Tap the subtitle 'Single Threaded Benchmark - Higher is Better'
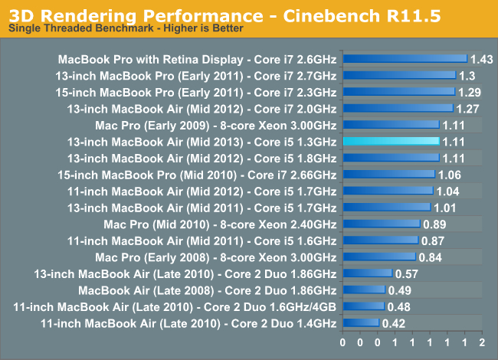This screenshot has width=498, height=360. pyautogui.click(x=126, y=28)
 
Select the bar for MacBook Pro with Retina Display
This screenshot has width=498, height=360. pyautogui.click(x=405, y=58)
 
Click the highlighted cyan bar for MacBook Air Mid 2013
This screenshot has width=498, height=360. pyautogui.click(x=391, y=141)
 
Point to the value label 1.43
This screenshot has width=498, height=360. pyautogui.click(x=482, y=58)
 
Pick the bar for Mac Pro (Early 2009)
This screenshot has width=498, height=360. pyautogui.click(x=391, y=124)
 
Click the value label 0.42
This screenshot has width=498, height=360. pyautogui.click(x=395, y=323)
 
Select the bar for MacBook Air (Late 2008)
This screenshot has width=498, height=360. pyautogui.click(x=364, y=290)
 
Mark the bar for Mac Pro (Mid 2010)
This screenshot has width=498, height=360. pyautogui.click(x=382, y=224)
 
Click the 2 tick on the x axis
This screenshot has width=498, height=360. pyautogui.click(x=481, y=342)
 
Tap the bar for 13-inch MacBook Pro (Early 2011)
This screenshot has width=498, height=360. pyautogui.click(x=399, y=75)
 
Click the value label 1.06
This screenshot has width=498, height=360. pyautogui.click(x=450, y=174)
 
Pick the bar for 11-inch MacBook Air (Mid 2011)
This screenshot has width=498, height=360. pyautogui.click(x=380, y=241)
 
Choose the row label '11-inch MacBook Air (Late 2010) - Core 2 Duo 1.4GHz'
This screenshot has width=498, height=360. pyautogui.click(x=188, y=323)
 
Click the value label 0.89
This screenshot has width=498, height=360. pyautogui.click(x=434, y=224)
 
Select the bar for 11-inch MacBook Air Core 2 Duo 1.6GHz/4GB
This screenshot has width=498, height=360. pyautogui.click(x=363, y=306)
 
